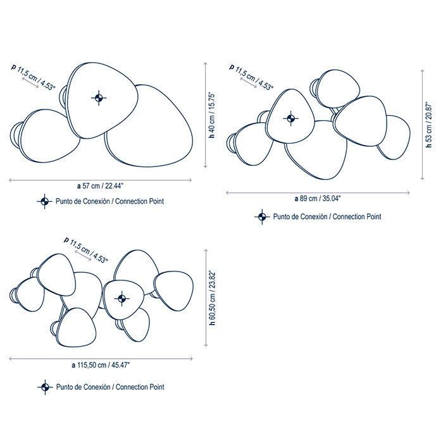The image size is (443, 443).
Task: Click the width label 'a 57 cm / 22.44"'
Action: [101, 186]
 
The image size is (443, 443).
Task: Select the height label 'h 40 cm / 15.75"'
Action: [212, 115]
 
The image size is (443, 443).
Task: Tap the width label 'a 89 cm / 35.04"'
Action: [318, 199]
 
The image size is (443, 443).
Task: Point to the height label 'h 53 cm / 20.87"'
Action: [429, 125]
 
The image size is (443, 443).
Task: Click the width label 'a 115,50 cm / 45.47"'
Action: [101, 365]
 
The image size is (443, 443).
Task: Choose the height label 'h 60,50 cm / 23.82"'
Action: [212, 298]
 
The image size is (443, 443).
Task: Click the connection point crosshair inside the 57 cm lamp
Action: [99, 98]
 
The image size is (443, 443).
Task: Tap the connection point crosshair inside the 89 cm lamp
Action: [290, 118]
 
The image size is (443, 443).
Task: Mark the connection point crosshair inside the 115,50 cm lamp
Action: [122, 298]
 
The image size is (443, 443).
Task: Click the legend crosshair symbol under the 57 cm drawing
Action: [44, 201]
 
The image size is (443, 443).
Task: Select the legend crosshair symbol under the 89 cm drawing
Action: [262, 216]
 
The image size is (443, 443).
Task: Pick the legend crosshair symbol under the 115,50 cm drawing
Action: [45, 387]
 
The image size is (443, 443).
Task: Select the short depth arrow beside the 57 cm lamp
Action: [30, 83]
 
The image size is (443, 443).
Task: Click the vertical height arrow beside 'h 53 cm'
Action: [422, 125]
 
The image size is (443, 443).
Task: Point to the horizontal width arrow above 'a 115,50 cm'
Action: [101, 359]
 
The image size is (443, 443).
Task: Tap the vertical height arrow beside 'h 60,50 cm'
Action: [206, 298]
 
